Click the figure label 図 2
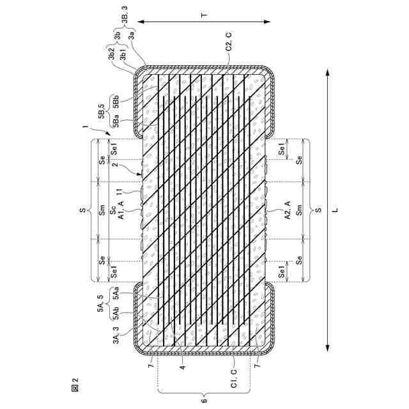tap(75, 384)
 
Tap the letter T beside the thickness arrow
tap(204, 15)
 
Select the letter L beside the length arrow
tap(335, 210)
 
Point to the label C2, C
tap(229, 42)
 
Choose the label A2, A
tap(288, 210)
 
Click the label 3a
tap(132, 35)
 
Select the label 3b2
tap(112, 54)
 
